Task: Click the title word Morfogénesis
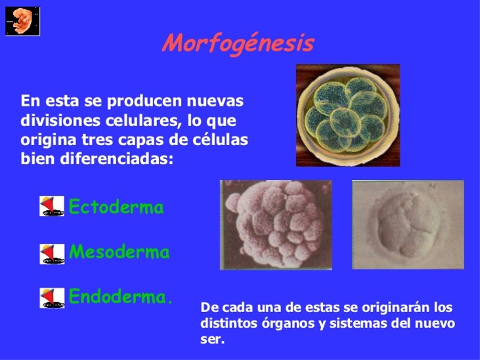[238, 43]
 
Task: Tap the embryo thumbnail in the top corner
[22, 21]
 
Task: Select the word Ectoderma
[116, 208]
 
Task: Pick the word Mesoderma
[120, 252]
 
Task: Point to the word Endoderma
[120, 297]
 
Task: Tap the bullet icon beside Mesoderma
[52, 253]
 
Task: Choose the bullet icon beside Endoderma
[52, 298]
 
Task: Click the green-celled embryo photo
[347, 115]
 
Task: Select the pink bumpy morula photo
[275, 224]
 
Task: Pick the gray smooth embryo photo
[408, 224]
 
